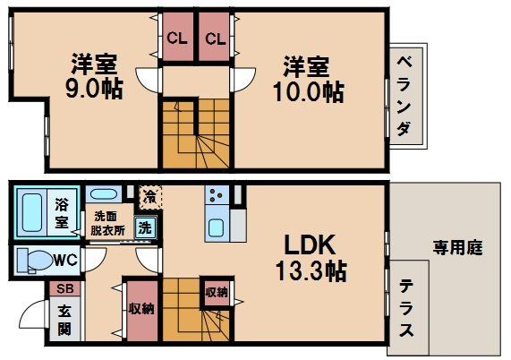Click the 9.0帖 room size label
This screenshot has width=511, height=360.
point(96,90)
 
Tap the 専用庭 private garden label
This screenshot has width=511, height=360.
point(458,247)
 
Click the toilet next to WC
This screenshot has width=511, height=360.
point(34,260)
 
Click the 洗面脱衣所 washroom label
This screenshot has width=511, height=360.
point(107,221)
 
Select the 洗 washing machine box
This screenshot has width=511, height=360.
point(144,227)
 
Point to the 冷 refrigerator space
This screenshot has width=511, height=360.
point(149,194)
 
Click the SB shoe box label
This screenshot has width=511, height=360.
point(64,288)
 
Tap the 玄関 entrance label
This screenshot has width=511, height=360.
point(64,321)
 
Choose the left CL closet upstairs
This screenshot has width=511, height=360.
point(176,39)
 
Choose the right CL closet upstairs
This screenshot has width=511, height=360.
point(215,39)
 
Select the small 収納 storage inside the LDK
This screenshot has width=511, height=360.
point(216,291)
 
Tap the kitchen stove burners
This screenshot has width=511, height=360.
point(217,193)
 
